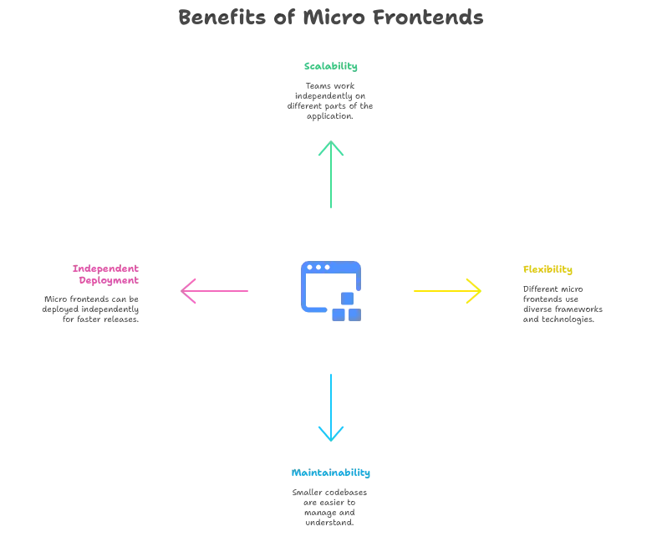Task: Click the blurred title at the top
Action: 331,18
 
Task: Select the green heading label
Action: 331,67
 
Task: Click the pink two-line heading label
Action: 104,274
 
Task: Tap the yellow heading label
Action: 548,269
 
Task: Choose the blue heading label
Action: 331,474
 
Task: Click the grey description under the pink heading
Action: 90,309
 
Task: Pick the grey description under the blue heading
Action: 328,507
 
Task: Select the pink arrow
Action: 217,291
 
